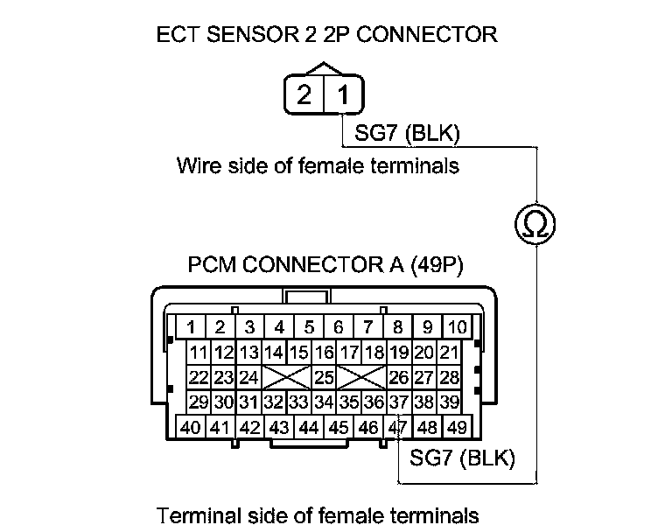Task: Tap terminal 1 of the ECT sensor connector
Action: point(343,95)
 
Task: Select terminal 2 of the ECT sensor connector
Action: point(304,95)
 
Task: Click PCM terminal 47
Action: point(398,429)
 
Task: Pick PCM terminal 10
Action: point(457,328)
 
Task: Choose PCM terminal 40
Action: point(190,429)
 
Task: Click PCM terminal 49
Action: point(456,429)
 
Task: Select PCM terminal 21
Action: point(450,353)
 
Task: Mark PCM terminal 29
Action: point(198,403)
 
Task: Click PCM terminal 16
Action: point(325,353)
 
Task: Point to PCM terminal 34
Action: point(325,403)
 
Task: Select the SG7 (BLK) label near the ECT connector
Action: point(407,134)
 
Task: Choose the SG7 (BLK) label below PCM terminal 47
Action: point(462,457)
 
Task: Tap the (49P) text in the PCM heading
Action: point(438,265)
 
